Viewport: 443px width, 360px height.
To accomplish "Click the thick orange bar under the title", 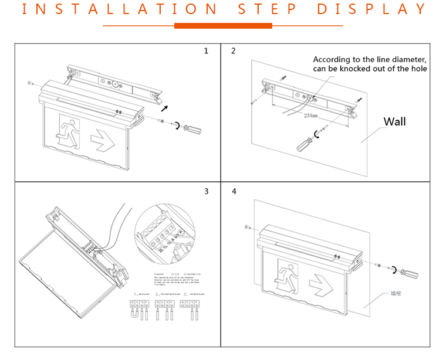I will click(x=223, y=26).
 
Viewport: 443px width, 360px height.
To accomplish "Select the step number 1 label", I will click(x=206, y=51).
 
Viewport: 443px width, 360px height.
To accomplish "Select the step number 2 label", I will click(x=233, y=51).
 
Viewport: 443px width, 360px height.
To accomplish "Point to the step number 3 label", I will click(x=206, y=191).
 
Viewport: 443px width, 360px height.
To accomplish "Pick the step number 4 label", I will click(x=233, y=192).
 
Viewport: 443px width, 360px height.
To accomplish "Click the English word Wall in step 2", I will click(x=394, y=122).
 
